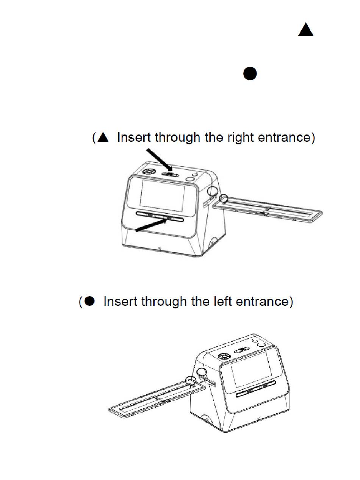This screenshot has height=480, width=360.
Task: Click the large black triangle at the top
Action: (305, 30)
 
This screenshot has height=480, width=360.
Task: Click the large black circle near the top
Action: (250, 73)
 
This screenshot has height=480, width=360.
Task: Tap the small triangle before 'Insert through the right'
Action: (103, 138)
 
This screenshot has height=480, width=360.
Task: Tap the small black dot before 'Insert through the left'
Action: (89, 302)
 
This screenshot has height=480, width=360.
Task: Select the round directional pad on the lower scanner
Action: (224, 356)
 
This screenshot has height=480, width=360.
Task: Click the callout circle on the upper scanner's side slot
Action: (212, 192)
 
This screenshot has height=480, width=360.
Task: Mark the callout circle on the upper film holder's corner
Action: (224, 199)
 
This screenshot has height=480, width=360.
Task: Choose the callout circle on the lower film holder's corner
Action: (191, 380)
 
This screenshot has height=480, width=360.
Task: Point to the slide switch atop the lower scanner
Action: (241, 351)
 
